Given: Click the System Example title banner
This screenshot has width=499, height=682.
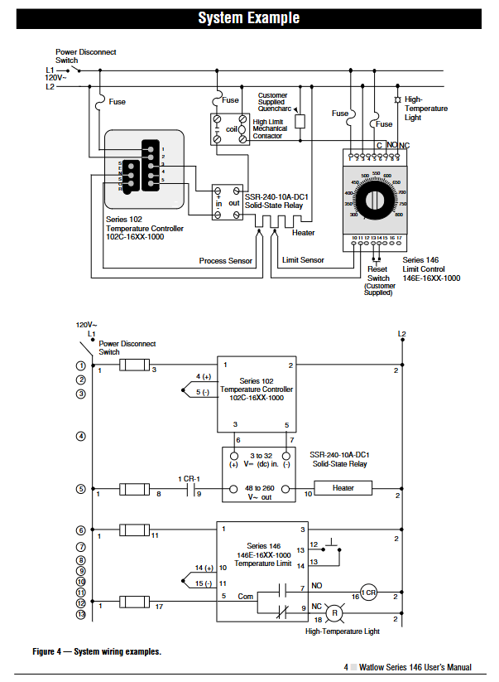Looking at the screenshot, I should click(249, 17).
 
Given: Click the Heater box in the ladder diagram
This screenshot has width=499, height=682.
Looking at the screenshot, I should click(343, 488).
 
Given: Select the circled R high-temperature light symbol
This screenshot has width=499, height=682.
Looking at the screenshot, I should click(334, 614).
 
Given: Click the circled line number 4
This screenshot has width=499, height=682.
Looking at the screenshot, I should click(81, 435).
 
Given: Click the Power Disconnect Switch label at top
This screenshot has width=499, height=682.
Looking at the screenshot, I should click(85, 56).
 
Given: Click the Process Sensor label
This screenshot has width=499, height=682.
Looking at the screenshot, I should click(226, 261).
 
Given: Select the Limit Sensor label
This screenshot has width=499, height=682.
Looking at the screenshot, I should click(303, 261).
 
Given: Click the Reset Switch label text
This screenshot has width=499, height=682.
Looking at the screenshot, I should click(378, 273).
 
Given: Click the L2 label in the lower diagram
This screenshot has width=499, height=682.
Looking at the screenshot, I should click(402, 334).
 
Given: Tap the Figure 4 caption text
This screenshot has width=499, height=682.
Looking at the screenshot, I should click(97, 651).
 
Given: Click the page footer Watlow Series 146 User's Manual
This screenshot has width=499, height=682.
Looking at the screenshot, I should click(412, 668).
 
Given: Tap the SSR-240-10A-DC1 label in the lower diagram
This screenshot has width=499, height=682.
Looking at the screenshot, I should click(340, 455).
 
